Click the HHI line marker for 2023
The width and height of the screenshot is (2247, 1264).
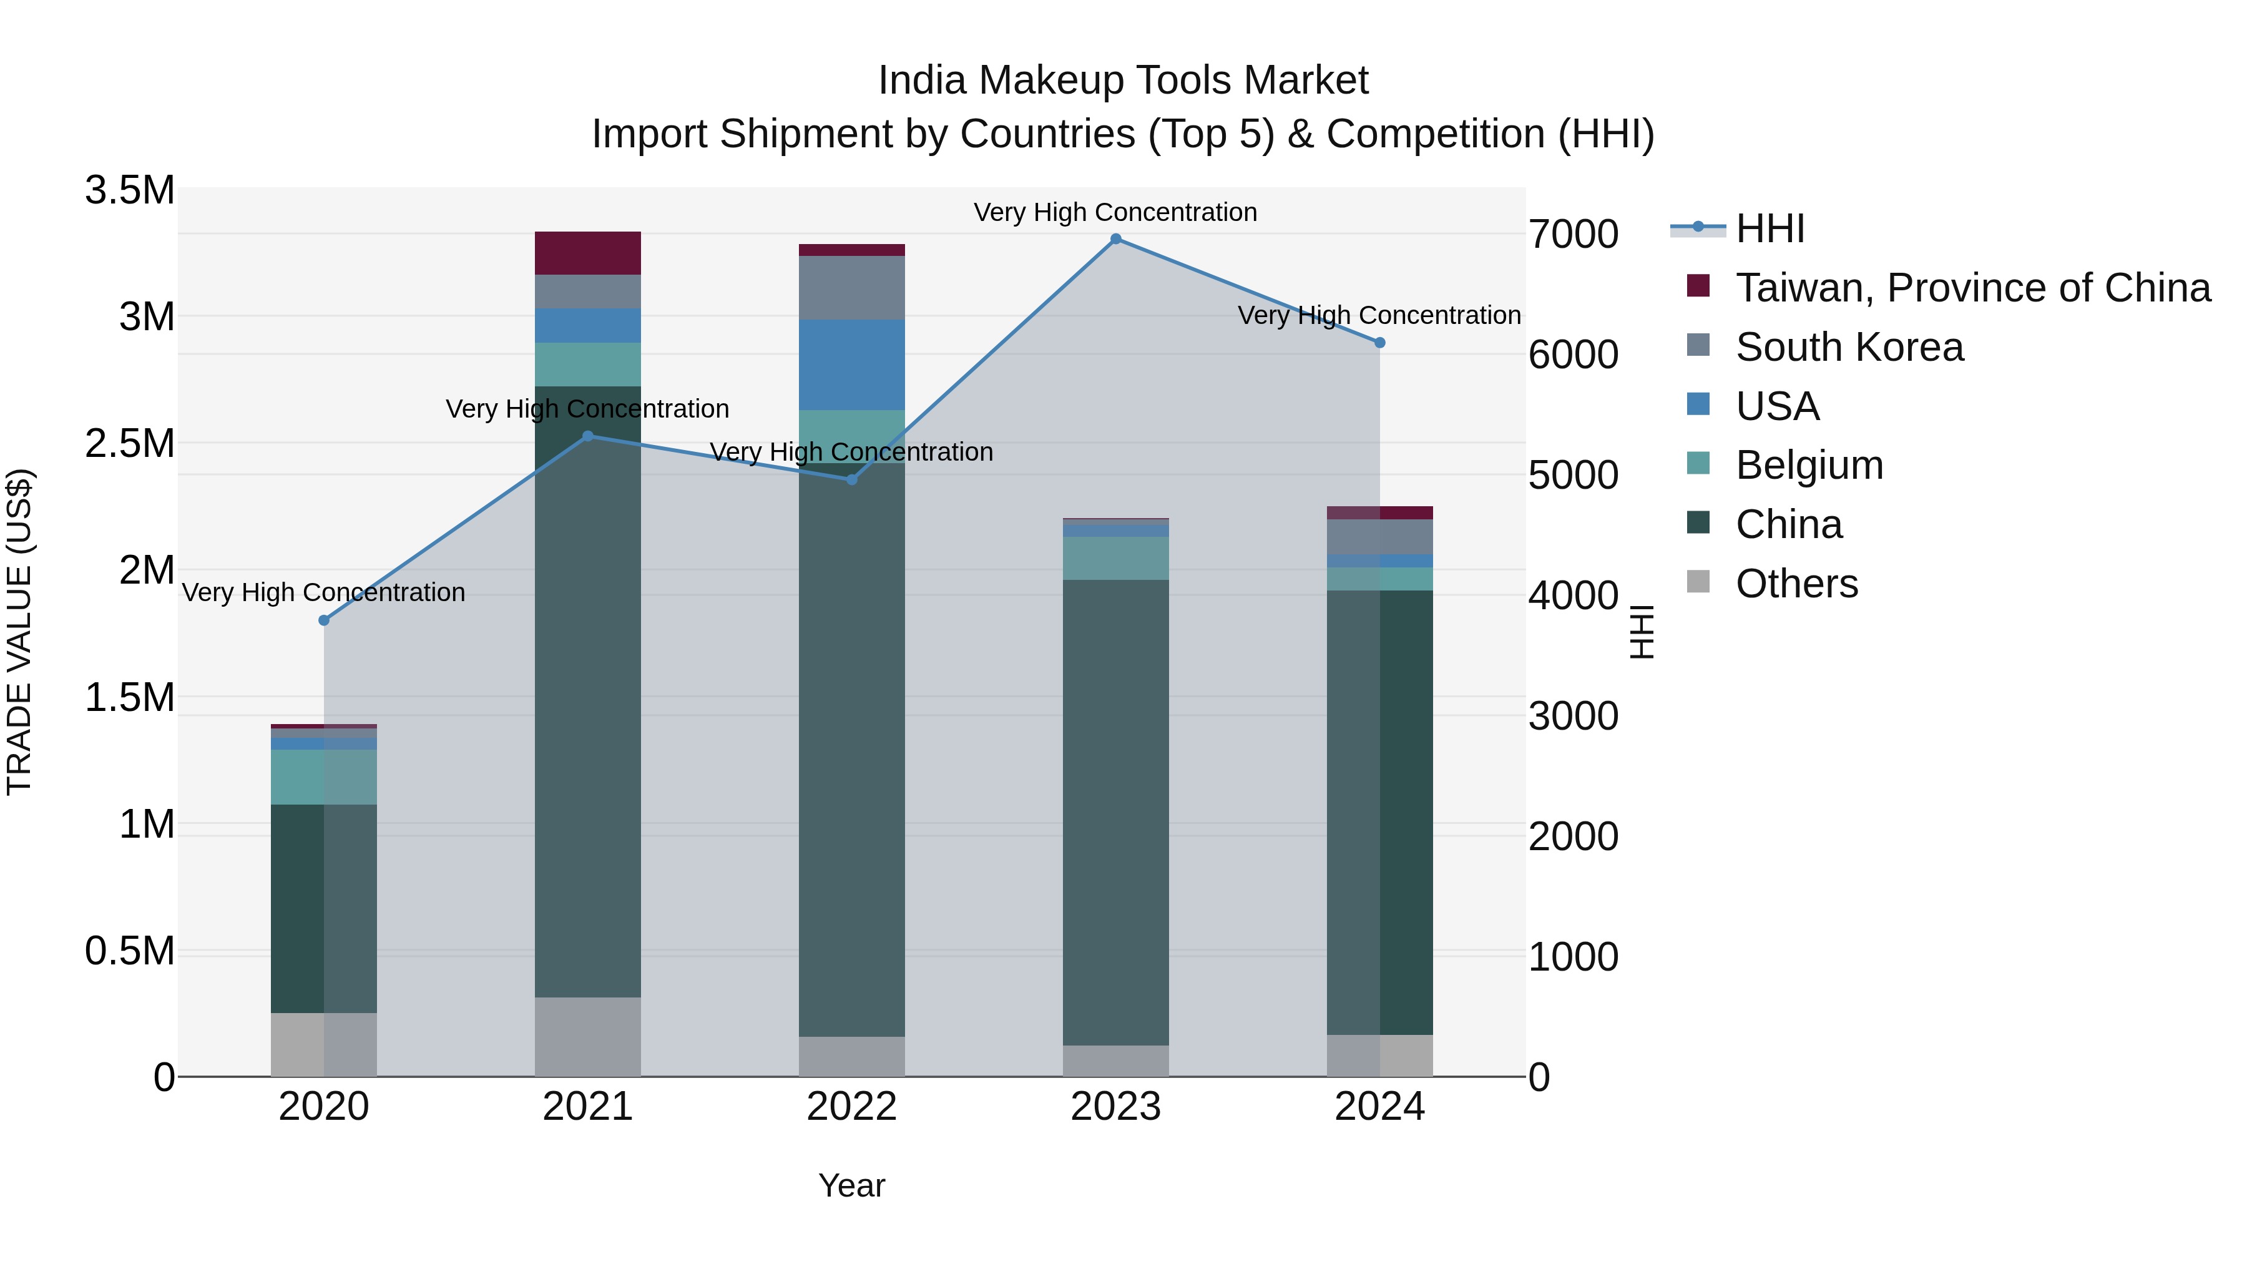(1115, 239)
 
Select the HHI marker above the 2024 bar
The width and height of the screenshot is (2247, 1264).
(1380, 343)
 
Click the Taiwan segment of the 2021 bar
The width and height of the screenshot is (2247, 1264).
(587, 253)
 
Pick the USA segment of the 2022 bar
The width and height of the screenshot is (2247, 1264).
(851, 365)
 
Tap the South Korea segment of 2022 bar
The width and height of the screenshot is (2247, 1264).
(851, 288)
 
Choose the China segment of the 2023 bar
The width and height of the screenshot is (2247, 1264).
(1115, 811)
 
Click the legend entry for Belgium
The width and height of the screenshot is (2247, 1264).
(1808, 465)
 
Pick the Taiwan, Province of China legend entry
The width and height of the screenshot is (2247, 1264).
(1971, 288)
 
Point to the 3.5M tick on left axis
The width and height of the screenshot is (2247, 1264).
(130, 190)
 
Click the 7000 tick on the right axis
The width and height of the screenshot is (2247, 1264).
(1573, 234)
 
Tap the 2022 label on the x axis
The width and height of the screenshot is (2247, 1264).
(851, 1107)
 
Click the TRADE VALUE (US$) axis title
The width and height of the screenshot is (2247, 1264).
(19, 632)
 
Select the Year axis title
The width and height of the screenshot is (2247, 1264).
(851, 1185)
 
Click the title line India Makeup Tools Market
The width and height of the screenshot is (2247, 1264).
(1123, 81)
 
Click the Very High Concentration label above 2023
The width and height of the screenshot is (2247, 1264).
(1115, 212)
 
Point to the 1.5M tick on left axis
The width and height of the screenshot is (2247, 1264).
(130, 698)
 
